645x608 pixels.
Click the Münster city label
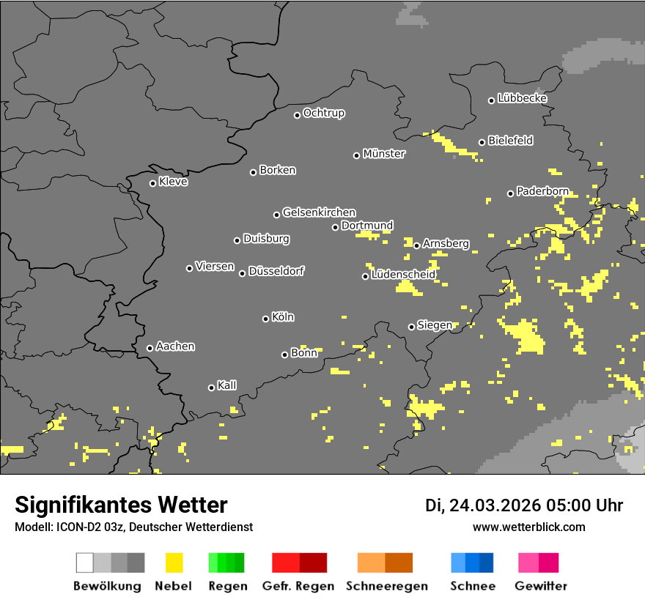[384, 154]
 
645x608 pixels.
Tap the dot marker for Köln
[265, 319]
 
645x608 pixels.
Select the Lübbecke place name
[522, 98]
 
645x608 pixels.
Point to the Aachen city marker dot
[150, 348]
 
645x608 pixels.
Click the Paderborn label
[542, 191]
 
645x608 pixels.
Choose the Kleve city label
[173, 182]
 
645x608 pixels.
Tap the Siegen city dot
[411, 327]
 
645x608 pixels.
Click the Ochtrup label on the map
[323, 113]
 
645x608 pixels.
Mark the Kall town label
[226, 385]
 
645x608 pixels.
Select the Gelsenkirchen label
[319, 212]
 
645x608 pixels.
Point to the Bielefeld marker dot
[482, 142]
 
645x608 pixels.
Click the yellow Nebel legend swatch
[174, 563]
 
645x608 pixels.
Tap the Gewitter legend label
[540, 586]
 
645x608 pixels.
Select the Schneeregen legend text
[386, 586]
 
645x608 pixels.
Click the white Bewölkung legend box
[85, 563]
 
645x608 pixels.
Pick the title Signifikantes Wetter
[121, 505]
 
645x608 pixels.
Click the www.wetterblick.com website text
[528, 527]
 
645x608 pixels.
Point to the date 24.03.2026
[495, 505]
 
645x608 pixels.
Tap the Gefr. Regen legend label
[298, 586]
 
